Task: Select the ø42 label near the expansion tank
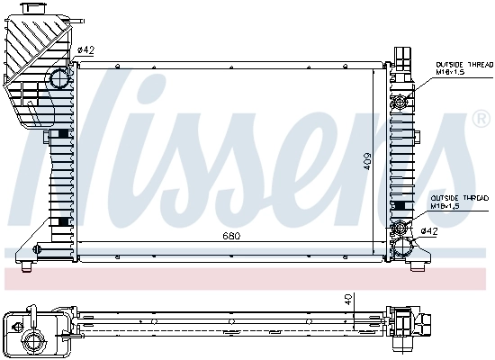click(86, 49)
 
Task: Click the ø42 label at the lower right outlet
click(430, 231)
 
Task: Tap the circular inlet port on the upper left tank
click(59, 78)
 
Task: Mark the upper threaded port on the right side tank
click(400, 102)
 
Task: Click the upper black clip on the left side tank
click(61, 135)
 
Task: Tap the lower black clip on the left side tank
click(61, 222)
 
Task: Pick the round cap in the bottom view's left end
click(35, 339)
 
